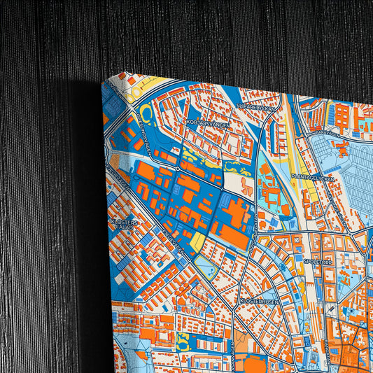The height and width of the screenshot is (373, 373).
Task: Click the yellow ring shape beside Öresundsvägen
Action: pos(146,115)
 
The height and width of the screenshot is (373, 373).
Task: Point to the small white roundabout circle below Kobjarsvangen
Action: pos(180,168)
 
